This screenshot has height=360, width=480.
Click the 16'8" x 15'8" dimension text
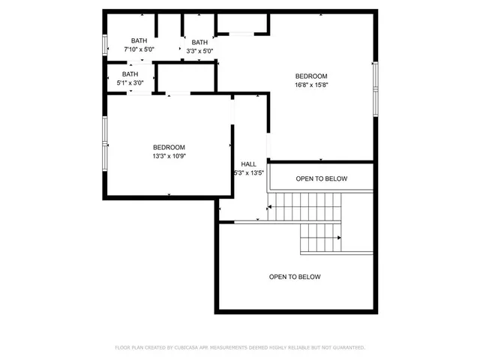pyautogui.click(x=311, y=85)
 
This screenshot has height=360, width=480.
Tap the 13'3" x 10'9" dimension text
pyautogui.click(x=169, y=157)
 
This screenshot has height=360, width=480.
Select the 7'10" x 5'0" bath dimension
pyautogui.click(x=139, y=49)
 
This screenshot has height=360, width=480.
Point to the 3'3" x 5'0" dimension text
pyautogui.click(x=199, y=51)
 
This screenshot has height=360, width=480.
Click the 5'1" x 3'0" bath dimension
pyautogui.click(x=130, y=83)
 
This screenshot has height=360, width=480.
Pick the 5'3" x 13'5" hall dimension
pyautogui.click(x=248, y=173)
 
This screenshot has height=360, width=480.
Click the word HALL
pyautogui.click(x=248, y=164)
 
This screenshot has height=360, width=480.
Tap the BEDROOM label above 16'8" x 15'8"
pyautogui.click(x=311, y=76)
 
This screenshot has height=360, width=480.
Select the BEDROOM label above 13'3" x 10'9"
pyautogui.click(x=169, y=147)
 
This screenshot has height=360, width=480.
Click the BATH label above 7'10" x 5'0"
pyautogui.click(x=139, y=41)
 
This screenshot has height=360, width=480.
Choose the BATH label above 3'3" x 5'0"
pyautogui.click(x=199, y=42)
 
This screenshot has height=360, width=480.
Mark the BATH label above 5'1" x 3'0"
pyautogui.click(x=130, y=74)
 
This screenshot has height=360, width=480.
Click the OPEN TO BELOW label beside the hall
pyautogui.click(x=321, y=178)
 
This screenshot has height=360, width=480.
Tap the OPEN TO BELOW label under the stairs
pyautogui.click(x=295, y=277)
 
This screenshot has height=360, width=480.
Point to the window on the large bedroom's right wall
pyautogui.click(x=375, y=88)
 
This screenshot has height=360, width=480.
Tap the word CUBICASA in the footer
pyautogui.click(x=184, y=348)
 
